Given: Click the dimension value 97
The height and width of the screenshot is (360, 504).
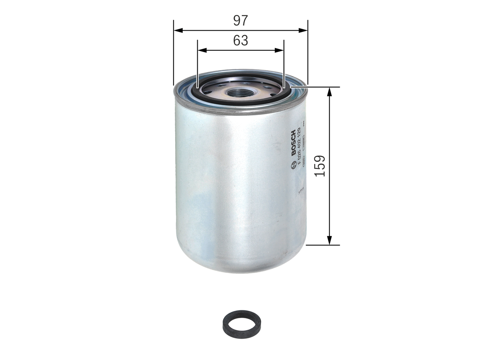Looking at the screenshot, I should point(240,20).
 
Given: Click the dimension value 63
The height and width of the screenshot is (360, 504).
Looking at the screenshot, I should point(240,40).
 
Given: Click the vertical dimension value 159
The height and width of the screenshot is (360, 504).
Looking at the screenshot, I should point(320,166).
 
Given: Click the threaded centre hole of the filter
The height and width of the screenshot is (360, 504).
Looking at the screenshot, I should point(236,93).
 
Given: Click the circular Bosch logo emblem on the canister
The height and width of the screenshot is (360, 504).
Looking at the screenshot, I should point(293,167).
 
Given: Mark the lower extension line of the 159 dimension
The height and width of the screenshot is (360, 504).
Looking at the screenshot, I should point(323,245).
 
